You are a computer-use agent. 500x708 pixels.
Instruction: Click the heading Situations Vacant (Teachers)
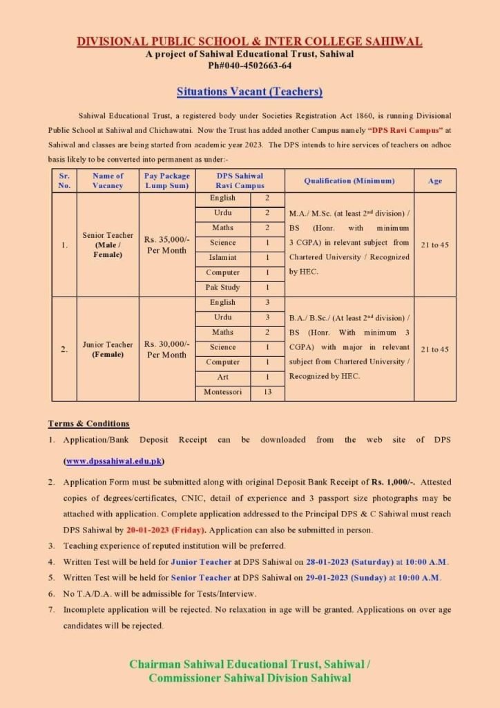click(x=249, y=91)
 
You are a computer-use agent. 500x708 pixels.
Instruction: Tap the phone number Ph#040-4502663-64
click(x=249, y=66)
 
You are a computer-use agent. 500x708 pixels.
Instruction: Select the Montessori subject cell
click(x=222, y=392)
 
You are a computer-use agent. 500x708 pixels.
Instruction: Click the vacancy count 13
click(x=267, y=392)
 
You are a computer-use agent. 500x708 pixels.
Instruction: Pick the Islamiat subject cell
click(x=222, y=257)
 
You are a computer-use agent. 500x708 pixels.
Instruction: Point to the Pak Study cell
click(x=222, y=288)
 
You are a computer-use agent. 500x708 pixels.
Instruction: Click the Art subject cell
click(x=222, y=378)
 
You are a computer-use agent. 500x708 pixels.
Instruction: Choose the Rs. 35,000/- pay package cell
click(x=166, y=245)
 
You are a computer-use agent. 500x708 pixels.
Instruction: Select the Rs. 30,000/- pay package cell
click(x=166, y=348)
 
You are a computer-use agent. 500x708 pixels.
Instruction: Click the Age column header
click(x=435, y=181)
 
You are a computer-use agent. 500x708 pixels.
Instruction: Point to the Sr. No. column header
click(x=64, y=181)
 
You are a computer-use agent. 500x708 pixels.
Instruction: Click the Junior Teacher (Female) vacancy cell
click(x=108, y=348)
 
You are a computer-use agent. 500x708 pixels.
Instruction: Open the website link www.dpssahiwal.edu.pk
click(x=114, y=461)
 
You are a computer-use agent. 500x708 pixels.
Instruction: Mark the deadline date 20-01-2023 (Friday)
click(x=165, y=530)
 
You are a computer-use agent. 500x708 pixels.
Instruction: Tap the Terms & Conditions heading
click(x=88, y=423)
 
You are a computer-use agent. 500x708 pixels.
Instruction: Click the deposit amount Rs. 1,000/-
click(x=392, y=481)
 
